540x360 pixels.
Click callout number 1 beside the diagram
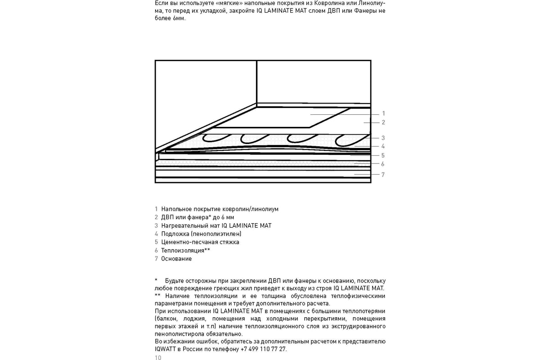(x=383, y=113)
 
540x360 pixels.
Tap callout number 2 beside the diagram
(x=383, y=122)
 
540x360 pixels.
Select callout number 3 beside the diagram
(x=383, y=138)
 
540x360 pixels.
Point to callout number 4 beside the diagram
(x=383, y=146)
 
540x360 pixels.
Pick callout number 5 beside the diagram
(x=383, y=155)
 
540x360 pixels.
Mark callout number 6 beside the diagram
(x=383, y=164)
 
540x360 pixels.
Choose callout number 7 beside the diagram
(x=383, y=175)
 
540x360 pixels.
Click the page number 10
(x=157, y=358)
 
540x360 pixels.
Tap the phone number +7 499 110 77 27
(x=263, y=349)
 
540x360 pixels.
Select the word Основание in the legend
(x=176, y=259)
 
